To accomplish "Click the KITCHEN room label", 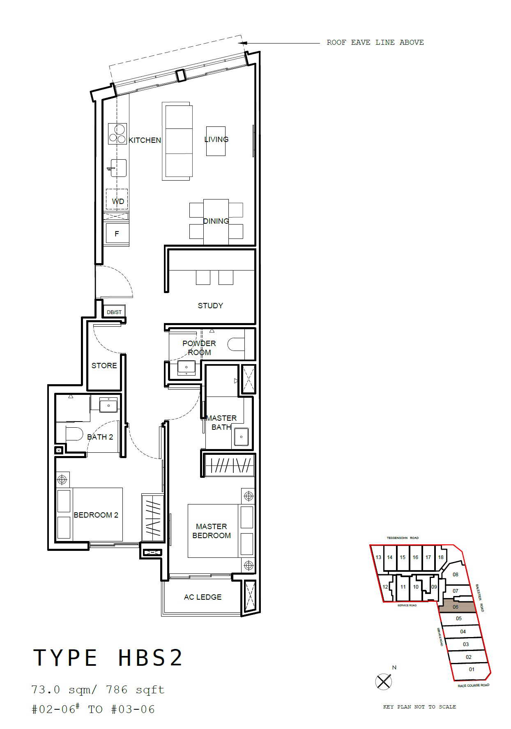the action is (x=145, y=140).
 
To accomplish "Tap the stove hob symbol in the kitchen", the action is (x=117, y=134).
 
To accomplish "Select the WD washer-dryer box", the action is (x=117, y=199).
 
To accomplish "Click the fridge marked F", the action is (x=117, y=234).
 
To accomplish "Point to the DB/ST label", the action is (x=114, y=312).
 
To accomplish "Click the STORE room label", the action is (x=104, y=365).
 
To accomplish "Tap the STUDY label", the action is (x=210, y=305).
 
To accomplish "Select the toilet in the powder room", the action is (x=236, y=344).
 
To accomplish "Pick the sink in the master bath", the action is (x=241, y=437).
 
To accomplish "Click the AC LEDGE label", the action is (x=203, y=597).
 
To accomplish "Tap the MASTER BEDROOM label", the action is (x=212, y=531).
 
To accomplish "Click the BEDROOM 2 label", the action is (x=96, y=515).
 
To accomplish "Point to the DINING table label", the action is (x=216, y=221).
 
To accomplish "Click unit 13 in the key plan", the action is (x=378, y=557).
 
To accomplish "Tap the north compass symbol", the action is (x=383, y=682).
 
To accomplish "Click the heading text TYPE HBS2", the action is (x=108, y=657).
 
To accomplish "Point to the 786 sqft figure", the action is (x=135, y=690).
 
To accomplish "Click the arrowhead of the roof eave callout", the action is (x=242, y=42).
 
